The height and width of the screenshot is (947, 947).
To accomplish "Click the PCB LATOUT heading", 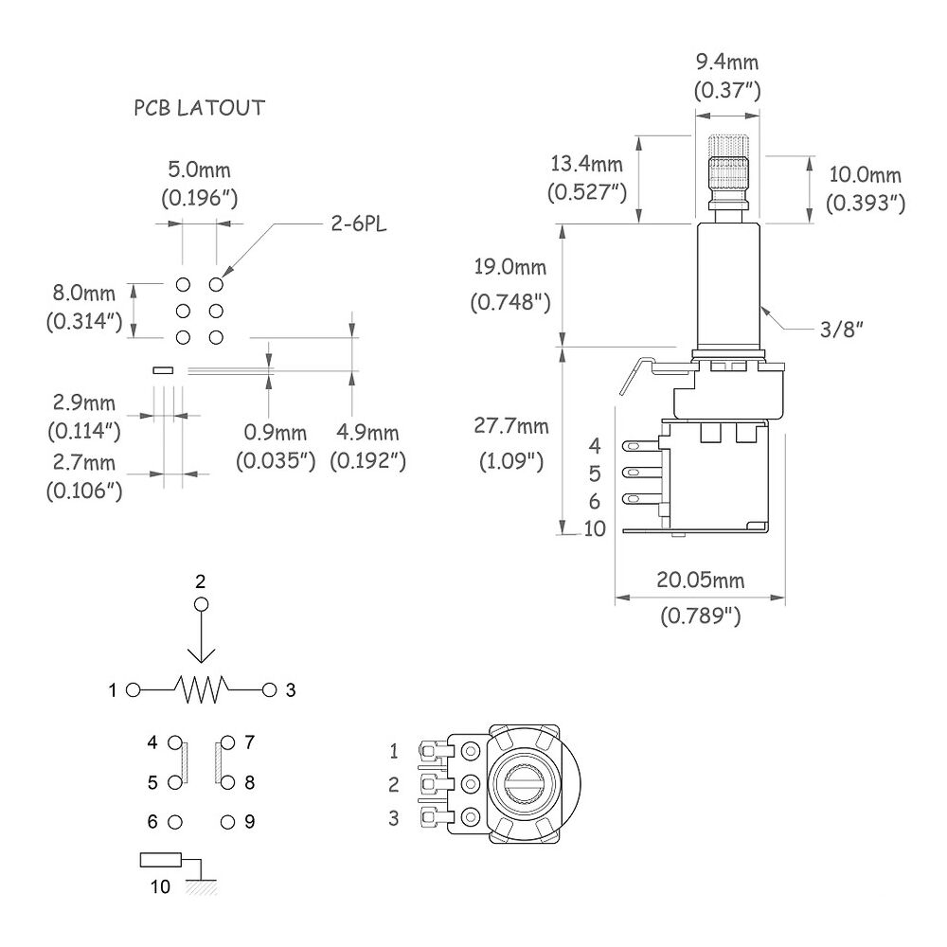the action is tap(199, 108).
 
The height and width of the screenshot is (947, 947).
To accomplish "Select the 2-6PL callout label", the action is tap(358, 224).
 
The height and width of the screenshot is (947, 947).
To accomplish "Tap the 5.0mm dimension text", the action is tap(199, 170).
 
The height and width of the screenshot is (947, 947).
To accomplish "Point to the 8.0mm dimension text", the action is tap(83, 293).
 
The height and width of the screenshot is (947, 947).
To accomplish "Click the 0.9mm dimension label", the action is tap(276, 433).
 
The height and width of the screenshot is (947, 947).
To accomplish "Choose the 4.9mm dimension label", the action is tap(367, 433).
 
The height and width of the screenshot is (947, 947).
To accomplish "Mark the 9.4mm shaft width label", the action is tap(727, 62).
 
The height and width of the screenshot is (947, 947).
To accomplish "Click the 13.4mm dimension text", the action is tap(586, 163).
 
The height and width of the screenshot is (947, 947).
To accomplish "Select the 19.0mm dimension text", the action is tap(510, 266).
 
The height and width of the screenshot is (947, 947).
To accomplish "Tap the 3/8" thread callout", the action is tap(841, 330).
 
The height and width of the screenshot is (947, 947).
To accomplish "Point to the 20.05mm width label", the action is tap(701, 580).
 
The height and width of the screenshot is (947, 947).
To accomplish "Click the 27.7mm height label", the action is tap(511, 426).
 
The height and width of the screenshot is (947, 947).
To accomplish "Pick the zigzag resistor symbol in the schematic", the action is tap(201, 689).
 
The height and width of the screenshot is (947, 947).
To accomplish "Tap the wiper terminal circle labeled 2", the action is tap(201, 604).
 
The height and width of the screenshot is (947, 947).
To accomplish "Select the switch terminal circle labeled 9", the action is tap(227, 822).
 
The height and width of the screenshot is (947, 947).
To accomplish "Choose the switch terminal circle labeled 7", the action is tap(227, 742).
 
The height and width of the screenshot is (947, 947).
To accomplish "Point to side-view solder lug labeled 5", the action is tap(641, 473).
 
